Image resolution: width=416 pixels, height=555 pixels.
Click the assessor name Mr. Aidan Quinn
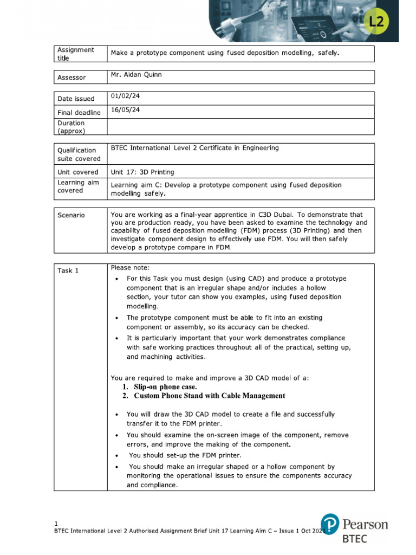click(x=136, y=75)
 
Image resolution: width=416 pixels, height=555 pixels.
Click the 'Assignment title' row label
click(x=75, y=54)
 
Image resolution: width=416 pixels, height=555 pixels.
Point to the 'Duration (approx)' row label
click(x=71, y=127)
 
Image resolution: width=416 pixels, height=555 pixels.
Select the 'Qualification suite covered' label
click(x=79, y=154)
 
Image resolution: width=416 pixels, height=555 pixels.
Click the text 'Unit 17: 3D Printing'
click(x=142, y=172)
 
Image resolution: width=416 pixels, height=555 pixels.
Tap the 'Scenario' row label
click(x=71, y=215)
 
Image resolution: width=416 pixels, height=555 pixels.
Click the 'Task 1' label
click(x=68, y=270)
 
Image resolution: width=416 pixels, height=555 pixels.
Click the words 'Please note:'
click(x=130, y=267)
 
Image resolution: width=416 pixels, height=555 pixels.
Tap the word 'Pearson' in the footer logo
click(x=365, y=524)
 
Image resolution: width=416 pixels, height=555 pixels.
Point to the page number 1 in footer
click(x=56, y=523)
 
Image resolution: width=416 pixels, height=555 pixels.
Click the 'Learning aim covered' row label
click(x=78, y=186)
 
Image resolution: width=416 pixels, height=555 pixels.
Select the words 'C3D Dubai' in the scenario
click(x=277, y=214)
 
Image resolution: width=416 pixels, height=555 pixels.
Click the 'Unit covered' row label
click(x=78, y=172)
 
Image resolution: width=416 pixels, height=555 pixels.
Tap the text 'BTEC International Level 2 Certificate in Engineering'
click(x=194, y=148)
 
